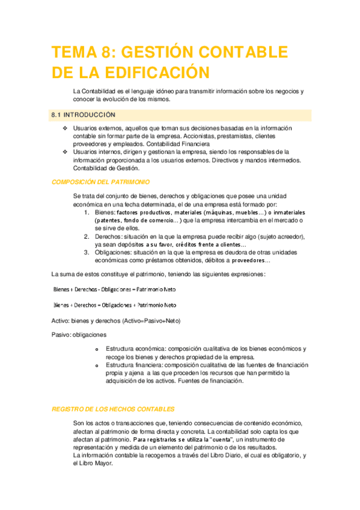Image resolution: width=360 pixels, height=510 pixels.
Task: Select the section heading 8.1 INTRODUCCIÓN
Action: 84,114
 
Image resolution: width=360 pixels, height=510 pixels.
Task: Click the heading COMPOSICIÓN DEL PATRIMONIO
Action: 101,182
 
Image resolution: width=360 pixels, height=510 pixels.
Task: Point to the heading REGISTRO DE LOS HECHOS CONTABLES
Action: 113,408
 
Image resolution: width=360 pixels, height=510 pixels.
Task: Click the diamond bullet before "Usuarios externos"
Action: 66,129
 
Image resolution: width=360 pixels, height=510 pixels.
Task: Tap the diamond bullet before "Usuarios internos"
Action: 66,152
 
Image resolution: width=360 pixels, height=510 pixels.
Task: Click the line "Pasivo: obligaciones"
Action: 79,334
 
